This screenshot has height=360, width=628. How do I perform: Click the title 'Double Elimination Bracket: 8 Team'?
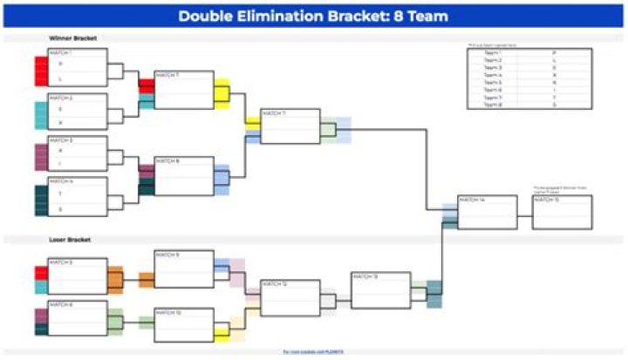(313, 15)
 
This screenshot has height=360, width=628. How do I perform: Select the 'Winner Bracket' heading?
(72, 38)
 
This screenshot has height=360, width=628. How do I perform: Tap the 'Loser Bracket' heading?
(70, 239)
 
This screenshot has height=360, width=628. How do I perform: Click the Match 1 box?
(78, 68)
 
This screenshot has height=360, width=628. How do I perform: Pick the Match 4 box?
(78, 196)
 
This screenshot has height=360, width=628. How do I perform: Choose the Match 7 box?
(183, 90)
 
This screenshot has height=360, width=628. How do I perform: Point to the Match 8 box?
(183, 175)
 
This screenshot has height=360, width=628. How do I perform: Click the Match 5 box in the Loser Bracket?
(78, 275)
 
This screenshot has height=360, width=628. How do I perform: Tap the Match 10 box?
(183, 324)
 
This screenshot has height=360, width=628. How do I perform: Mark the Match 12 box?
(290, 297)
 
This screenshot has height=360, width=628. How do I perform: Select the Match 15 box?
(562, 213)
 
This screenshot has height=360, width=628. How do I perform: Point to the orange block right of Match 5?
(115, 280)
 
